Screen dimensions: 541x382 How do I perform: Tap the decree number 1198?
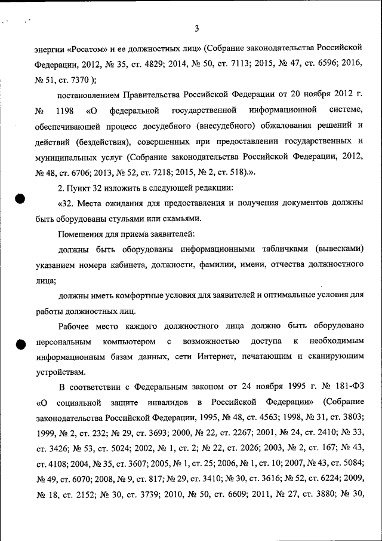tap(65, 111)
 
